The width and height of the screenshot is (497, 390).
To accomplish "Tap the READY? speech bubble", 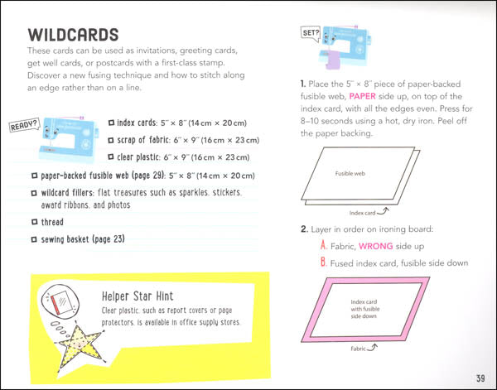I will (x=23, y=126).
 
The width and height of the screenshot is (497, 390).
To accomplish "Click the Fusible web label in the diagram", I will (x=350, y=175).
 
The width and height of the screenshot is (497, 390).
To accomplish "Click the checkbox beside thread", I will (x=32, y=222).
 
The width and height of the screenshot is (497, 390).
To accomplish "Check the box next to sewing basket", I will (x=32, y=240).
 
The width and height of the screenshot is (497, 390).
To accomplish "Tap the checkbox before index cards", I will (x=112, y=121).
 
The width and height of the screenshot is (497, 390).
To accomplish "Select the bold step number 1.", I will (x=304, y=85).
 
